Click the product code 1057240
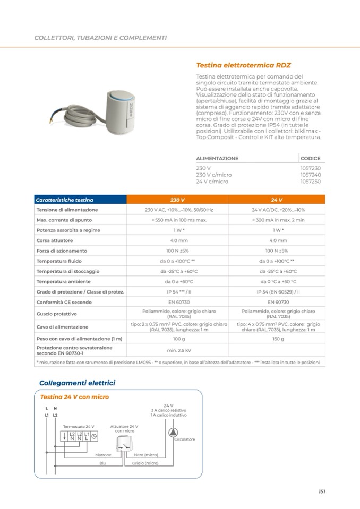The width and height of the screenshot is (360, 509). point(311,175)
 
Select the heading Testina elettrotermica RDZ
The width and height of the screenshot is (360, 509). point(236,66)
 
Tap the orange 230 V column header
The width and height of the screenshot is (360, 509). point(177,200)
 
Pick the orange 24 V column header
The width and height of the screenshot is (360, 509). point(277,200)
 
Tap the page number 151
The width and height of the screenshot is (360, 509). point(322,491)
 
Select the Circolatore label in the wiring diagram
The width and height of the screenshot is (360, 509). point(185,439)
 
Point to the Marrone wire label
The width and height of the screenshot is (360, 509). point(103,455)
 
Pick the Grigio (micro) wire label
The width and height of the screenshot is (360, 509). point(145,463)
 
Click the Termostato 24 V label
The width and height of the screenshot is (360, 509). point(79,426)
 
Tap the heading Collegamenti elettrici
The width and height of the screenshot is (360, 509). point(77,383)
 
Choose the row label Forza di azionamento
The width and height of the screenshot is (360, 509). point(62,251)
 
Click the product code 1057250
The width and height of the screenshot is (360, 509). point(311,182)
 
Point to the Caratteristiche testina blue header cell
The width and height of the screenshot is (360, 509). point(65,200)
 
